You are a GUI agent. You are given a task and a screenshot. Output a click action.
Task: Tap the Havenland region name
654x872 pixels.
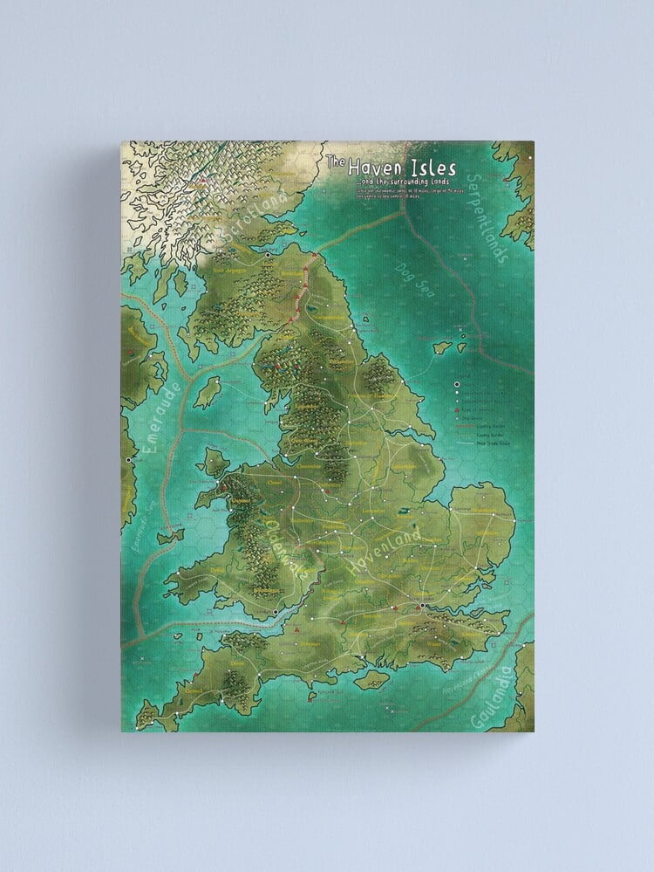click(x=385, y=551)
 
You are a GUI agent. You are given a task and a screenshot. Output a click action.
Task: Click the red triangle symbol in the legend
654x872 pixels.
click(x=458, y=409)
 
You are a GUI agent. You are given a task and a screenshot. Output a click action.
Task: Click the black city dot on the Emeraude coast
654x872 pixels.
click(x=128, y=458)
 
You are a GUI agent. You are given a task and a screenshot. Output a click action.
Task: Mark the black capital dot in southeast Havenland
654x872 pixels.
click(x=421, y=605)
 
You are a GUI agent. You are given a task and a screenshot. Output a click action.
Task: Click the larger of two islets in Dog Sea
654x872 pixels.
click(x=442, y=347)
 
